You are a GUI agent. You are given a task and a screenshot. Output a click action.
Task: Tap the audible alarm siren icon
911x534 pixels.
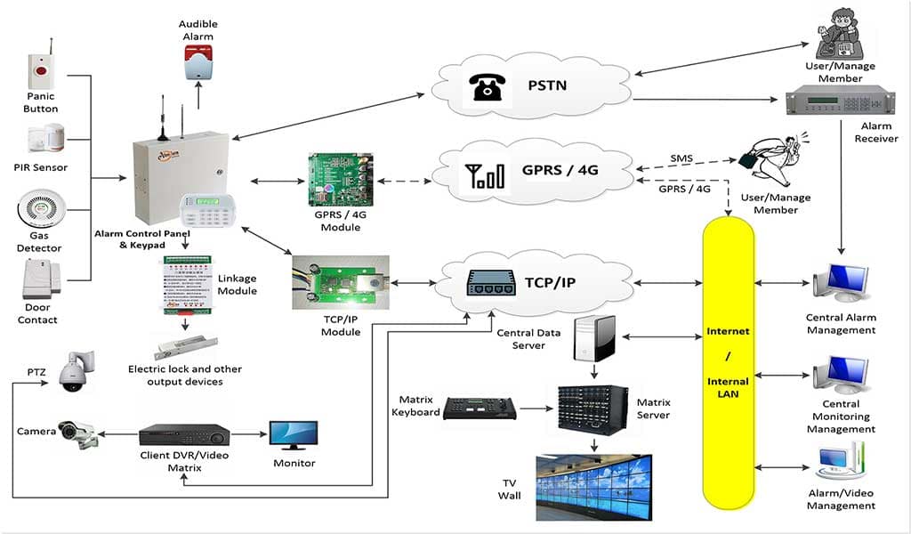(198, 61)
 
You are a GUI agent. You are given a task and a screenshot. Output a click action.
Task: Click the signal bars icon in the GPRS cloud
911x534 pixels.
(479, 174)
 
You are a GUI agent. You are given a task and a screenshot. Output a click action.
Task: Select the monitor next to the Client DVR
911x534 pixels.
(294, 436)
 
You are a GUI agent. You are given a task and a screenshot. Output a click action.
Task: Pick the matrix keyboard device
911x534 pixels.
(480, 409)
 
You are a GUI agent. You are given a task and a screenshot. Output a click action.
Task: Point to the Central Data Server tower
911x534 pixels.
(593, 336)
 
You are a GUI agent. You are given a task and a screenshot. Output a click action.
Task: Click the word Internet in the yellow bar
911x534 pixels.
(728, 331)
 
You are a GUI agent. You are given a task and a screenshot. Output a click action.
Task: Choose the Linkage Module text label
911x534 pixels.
(237, 285)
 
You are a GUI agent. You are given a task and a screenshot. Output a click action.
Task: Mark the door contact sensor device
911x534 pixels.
(38, 279)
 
